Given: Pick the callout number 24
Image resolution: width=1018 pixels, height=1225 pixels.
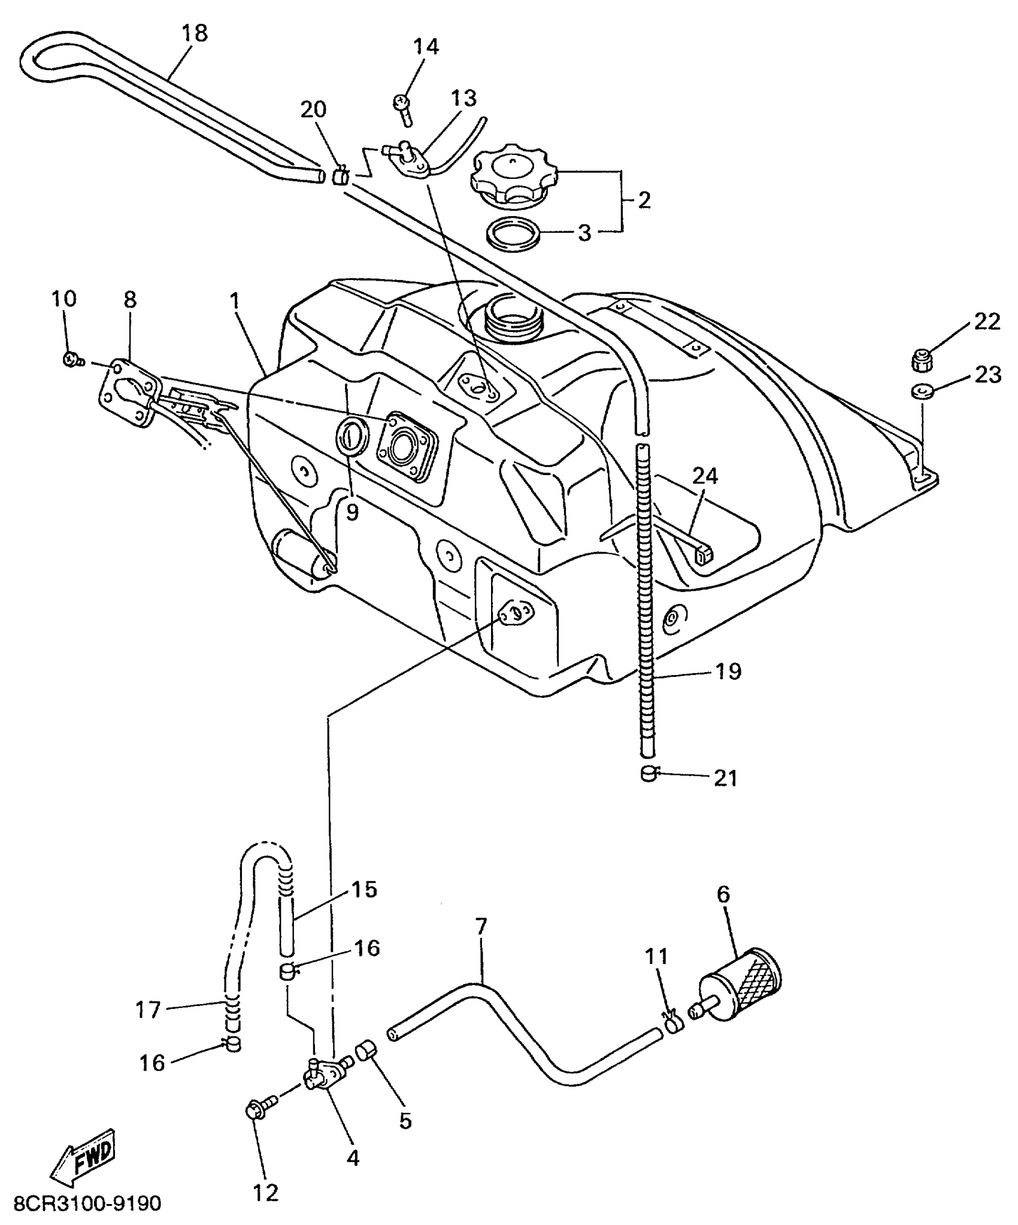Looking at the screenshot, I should [705, 476].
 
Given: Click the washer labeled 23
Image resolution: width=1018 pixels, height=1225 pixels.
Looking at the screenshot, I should [922, 392].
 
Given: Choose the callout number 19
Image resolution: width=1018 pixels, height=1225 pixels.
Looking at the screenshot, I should [728, 671].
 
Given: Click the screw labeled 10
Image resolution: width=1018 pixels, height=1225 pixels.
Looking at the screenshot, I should [72, 359].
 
